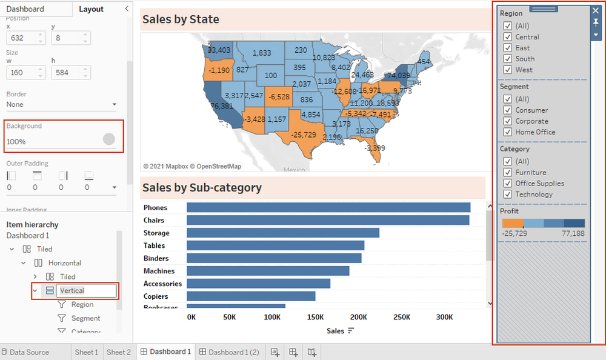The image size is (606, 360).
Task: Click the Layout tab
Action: pos(91,9)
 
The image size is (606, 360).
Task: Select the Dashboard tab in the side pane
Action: pos(25,9)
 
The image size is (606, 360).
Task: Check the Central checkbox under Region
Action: pos(508,37)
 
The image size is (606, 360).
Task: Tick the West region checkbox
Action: pos(508,70)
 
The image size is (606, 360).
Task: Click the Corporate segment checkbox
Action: pos(508,121)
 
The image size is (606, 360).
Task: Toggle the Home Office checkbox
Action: pos(508,132)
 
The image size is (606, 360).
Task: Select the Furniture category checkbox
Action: pos(508,173)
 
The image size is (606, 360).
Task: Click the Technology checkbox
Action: pos(508,195)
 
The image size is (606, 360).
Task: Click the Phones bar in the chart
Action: pos(328,207)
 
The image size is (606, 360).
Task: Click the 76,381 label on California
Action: pos(222,106)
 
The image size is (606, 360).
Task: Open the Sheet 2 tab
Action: pos(119,352)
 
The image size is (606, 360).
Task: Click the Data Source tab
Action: pos(29,352)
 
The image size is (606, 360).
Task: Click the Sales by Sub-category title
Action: pos(202,187)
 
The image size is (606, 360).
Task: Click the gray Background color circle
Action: pos(109,139)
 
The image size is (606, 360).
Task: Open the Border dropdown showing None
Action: pos(61,104)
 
